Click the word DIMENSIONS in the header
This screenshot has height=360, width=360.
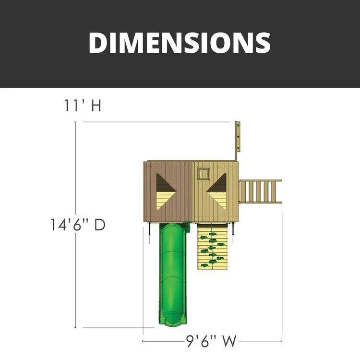click(180, 43)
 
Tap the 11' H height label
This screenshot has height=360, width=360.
click(83, 106)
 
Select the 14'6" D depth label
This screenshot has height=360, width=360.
click(78, 225)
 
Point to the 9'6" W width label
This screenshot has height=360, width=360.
click(211, 341)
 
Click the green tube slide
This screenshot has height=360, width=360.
click(173, 274)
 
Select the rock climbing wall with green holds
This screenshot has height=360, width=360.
click(212, 247)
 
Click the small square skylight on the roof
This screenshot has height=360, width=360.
click(204, 174)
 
